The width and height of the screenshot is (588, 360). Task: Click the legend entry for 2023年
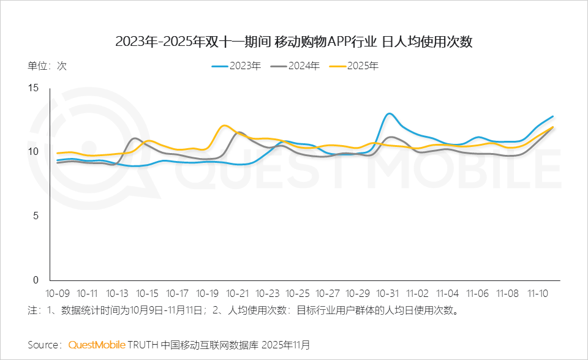click(x=236, y=66)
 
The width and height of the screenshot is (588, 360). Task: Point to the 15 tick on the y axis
click(x=34, y=88)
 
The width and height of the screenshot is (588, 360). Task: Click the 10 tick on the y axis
click(x=34, y=152)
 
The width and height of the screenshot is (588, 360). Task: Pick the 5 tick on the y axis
click(x=36, y=216)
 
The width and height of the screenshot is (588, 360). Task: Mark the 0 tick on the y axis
click(x=36, y=280)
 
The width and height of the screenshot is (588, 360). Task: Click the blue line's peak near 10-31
click(x=389, y=114)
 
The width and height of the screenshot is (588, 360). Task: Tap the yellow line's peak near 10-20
click(x=225, y=126)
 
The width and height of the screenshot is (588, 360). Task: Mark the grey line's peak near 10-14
click(x=135, y=138)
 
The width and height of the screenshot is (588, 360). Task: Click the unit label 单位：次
click(x=47, y=66)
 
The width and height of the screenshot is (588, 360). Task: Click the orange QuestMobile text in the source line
click(x=97, y=345)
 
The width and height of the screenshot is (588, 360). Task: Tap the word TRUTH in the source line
click(x=143, y=345)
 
